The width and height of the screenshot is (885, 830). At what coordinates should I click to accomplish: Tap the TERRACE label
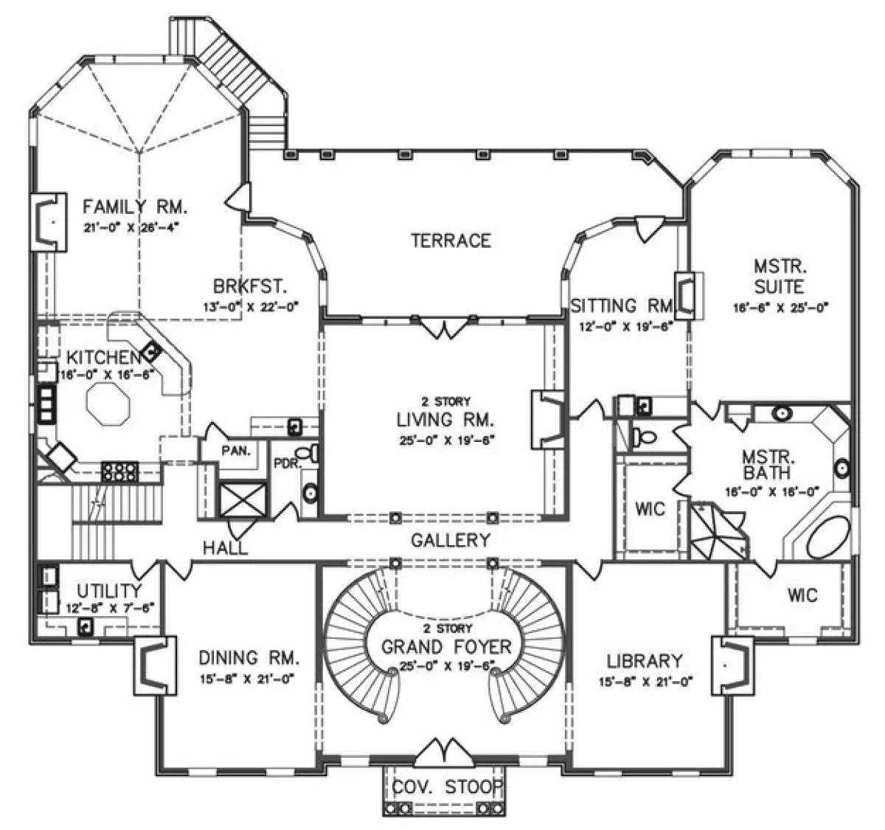coord(451,241)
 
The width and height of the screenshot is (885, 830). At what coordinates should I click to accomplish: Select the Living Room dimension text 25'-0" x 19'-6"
coord(446,440)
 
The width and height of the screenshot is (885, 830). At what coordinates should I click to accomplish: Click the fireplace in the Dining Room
coord(155,665)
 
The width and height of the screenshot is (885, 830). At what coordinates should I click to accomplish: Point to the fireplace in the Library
coord(732,665)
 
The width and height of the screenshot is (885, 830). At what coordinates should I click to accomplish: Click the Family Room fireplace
coord(48,221)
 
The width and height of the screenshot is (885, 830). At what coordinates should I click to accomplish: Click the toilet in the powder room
coord(308,453)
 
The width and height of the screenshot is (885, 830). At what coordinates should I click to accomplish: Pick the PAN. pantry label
coord(236,451)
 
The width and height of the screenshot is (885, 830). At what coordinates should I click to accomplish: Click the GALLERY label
coord(451,540)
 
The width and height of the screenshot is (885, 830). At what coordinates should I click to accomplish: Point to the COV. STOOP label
coord(447,786)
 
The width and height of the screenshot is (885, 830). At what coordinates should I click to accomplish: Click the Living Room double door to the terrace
coord(444,328)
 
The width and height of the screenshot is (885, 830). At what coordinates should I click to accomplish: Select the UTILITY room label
coord(109,591)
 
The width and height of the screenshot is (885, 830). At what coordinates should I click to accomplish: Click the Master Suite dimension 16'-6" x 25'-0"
coord(781,308)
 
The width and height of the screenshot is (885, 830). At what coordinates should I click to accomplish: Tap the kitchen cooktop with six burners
coord(119,472)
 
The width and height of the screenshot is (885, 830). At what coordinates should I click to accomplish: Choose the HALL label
coord(225,547)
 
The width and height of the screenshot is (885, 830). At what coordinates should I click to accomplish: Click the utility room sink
coord(85,626)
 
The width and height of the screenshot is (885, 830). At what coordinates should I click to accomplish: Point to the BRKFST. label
coord(250,286)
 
